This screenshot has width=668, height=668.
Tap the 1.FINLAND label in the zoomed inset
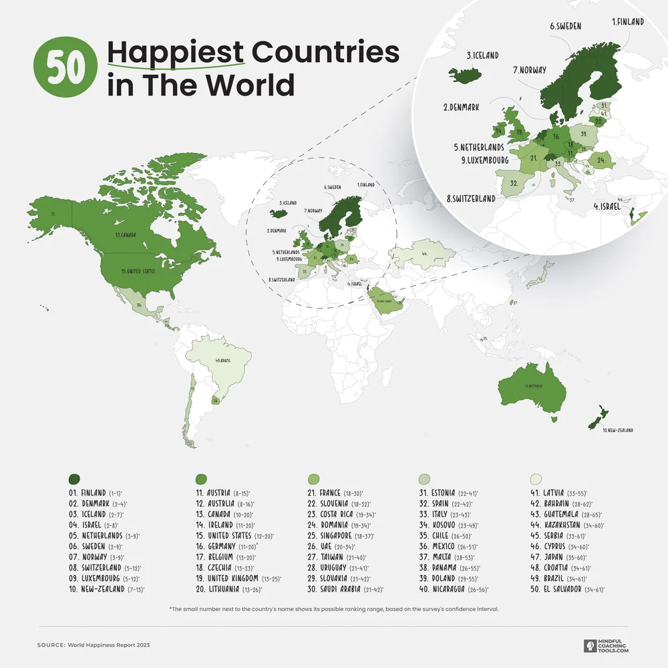(x=628, y=22)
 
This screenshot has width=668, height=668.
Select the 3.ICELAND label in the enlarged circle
(x=482, y=55)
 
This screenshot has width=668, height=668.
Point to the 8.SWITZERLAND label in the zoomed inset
(x=471, y=198)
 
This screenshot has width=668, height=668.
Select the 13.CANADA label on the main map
(x=126, y=235)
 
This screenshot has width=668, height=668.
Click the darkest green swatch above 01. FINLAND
(x=74, y=478)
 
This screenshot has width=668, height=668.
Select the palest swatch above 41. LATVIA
(x=536, y=478)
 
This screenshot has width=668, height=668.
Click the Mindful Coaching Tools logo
(x=606, y=645)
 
